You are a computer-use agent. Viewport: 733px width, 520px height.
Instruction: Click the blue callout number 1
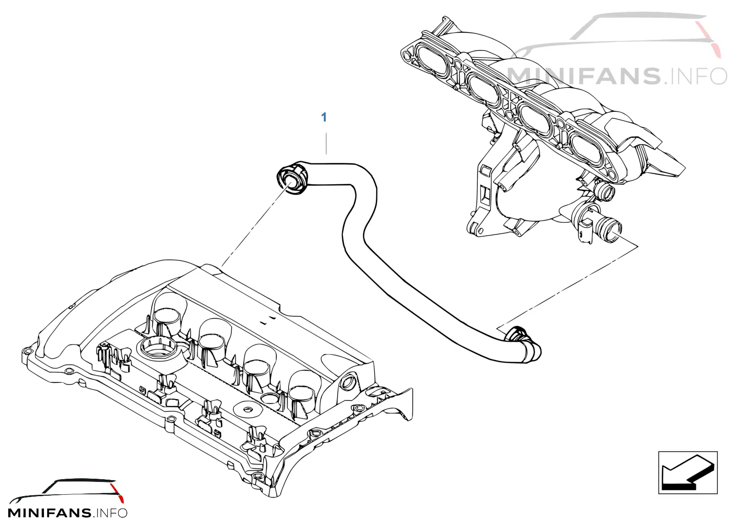(324, 117)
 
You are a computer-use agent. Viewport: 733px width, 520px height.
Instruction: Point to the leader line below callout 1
(326, 143)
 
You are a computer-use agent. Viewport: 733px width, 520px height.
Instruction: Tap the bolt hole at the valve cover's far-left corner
(27, 352)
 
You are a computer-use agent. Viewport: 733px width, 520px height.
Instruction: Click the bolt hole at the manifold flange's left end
(407, 55)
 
